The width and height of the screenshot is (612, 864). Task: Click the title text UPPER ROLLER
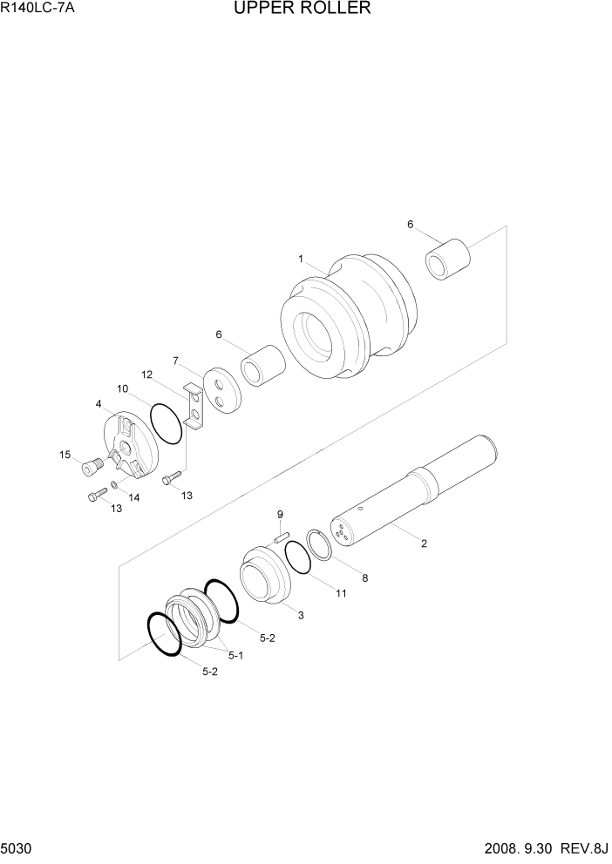(x=303, y=10)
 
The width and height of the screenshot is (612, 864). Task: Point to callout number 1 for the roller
(x=300, y=259)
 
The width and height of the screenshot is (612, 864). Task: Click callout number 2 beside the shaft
(x=423, y=544)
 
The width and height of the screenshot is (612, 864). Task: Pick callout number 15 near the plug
(x=65, y=455)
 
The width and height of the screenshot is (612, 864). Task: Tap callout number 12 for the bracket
(x=146, y=375)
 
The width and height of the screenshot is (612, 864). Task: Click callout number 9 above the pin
(x=281, y=513)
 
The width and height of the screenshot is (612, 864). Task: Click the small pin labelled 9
(x=282, y=538)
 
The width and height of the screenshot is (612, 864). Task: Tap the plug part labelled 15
(x=89, y=469)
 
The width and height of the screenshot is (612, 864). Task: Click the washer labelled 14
(x=114, y=483)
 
